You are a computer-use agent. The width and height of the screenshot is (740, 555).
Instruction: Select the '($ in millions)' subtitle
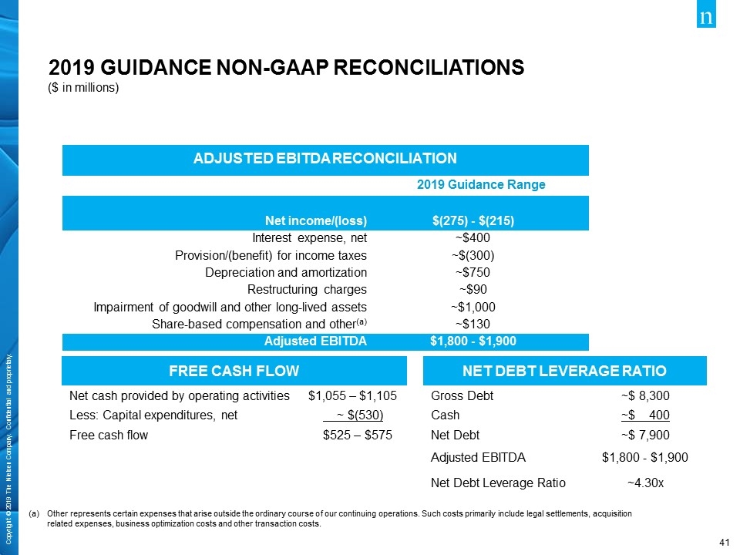pyautogui.click(x=84, y=87)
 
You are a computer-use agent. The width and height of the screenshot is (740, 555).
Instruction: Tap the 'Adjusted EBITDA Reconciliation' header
pyautogui.click(x=325, y=159)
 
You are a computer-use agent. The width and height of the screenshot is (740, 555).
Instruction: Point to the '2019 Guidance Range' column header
pyautogui.click(x=481, y=185)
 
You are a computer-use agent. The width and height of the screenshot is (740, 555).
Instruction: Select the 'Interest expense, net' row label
pyautogui.click(x=309, y=237)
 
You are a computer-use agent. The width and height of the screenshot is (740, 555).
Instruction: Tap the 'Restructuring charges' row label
pyautogui.click(x=306, y=289)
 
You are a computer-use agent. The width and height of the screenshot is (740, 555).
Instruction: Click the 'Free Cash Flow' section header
pyautogui.click(x=234, y=372)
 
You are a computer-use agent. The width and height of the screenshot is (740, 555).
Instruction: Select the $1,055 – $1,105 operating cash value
pyautogui.click(x=352, y=396)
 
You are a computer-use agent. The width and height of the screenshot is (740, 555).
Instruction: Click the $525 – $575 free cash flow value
pyautogui.click(x=357, y=435)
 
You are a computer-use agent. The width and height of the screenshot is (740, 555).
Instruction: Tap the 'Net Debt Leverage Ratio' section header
pyautogui.click(x=564, y=372)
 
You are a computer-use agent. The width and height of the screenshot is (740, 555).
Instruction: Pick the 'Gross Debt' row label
pyautogui.click(x=462, y=396)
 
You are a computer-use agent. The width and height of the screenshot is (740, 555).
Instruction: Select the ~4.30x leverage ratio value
pyautogui.click(x=644, y=483)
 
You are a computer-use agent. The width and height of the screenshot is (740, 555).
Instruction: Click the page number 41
pyautogui.click(x=723, y=543)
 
